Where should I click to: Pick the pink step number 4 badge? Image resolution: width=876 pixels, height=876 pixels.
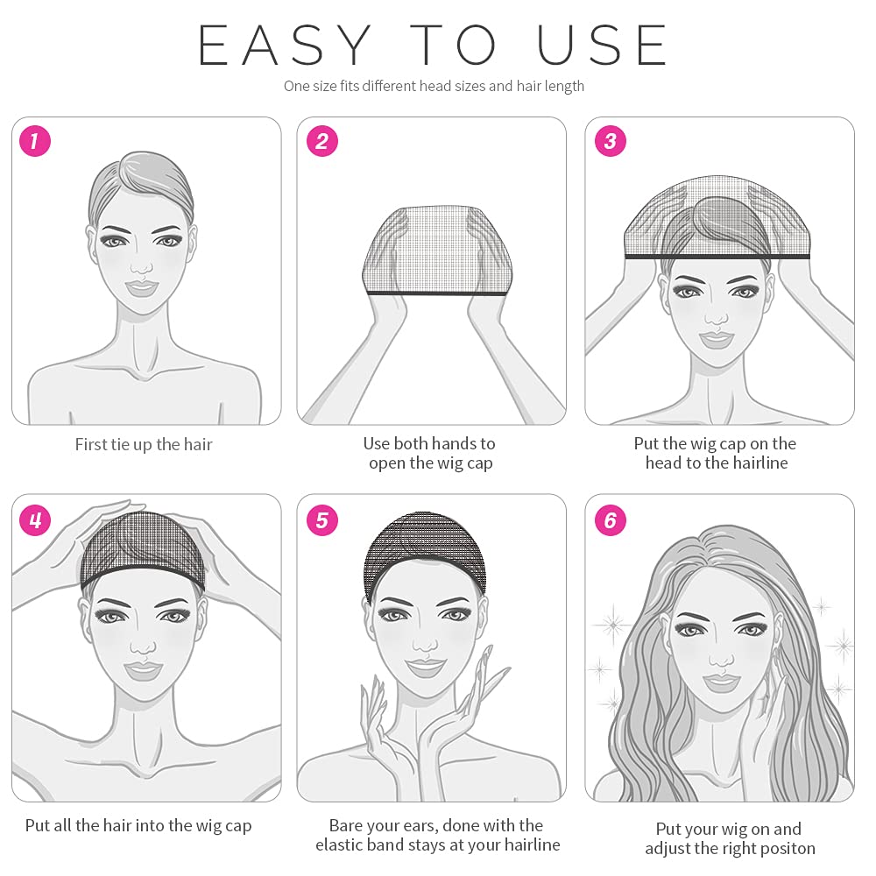34,520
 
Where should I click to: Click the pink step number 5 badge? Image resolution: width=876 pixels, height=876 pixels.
321,520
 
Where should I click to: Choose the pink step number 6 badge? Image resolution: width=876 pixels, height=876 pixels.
610,520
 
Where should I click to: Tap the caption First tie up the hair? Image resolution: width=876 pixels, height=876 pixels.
144,445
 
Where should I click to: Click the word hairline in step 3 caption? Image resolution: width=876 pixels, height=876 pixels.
756,463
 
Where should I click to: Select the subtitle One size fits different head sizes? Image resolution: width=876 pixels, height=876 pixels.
434,86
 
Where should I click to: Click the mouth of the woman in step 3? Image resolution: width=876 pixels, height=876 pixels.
717,336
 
